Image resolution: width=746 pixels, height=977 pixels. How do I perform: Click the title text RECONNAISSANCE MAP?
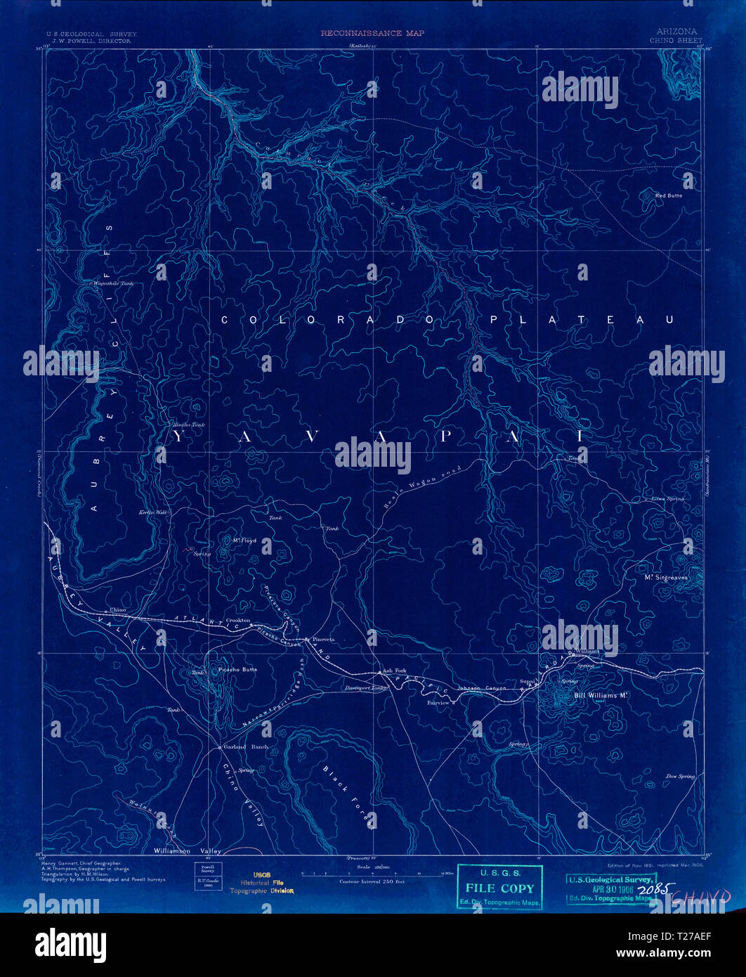click(372, 33)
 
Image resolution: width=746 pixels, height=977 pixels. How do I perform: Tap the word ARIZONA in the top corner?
click(678, 32)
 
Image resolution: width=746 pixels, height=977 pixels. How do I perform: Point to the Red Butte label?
click(668, 195)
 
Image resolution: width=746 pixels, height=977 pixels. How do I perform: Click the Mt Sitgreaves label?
click(666, 577)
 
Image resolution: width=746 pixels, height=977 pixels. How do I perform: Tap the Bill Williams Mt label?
click(600, 696)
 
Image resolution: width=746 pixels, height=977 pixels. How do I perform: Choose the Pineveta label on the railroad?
click(324, 640)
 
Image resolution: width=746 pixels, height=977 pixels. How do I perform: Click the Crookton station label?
click(238, 620)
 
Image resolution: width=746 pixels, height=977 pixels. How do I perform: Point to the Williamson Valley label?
click(186, 850)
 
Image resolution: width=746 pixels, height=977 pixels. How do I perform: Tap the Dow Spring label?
click(680, 776)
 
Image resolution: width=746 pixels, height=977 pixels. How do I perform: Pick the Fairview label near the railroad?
click(438, 702)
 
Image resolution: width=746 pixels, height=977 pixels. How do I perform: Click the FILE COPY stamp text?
click(499, 888)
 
